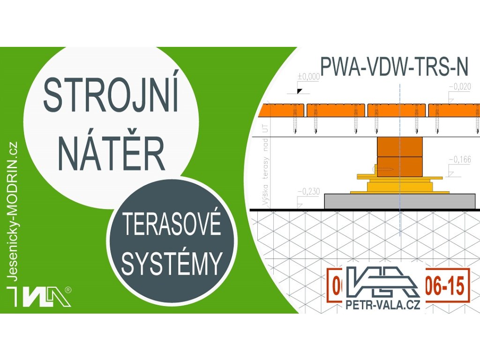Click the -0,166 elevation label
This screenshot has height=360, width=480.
pyautogui.click(x=460, y=160)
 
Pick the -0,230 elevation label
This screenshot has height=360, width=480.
pyautogui.click(x=308, y=191)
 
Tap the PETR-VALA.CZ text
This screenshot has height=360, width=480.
pyautogui.click(x=382, y=305)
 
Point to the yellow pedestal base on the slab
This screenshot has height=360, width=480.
pyautogui.click(x=399, y=187)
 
